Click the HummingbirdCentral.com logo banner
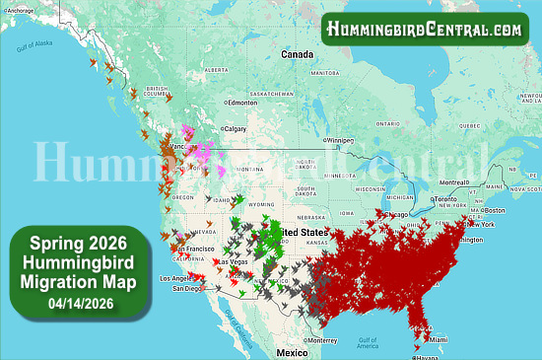[x=426, y=30]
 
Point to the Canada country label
[x=297, y=53]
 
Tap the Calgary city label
[x=235, y=128]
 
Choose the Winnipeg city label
[x=336, y=139]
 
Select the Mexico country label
[x=292, y=351]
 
